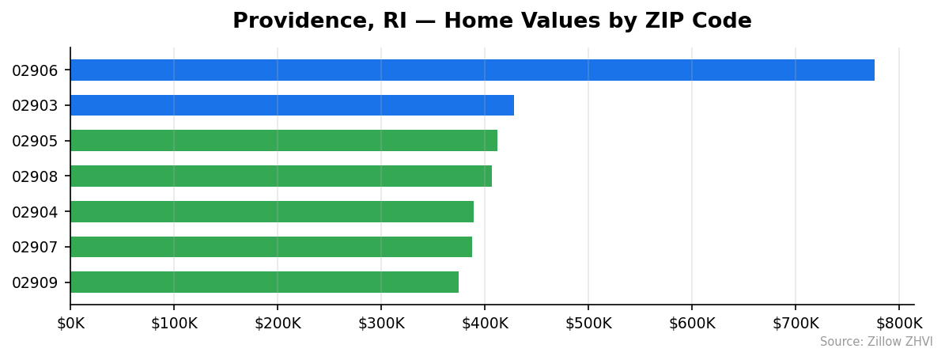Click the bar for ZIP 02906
tap(472, 70)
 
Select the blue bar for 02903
tap(292, 105)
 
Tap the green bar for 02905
tap(284, 141)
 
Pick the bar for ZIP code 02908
tap(281, 176)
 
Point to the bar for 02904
tap(272, 211)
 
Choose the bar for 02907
tap(271, 247)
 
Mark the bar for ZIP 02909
tap(264, 282)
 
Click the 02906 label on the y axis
tap(35, 70)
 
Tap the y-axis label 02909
tap(35, 282)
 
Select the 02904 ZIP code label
tap(35, 212)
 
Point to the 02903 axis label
tap(35, 106)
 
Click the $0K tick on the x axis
tap(70, 323)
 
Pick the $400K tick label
tap(485, 323)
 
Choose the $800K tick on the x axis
tap(899, 323)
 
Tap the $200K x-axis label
tap(278, 323)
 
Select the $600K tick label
tap(692, 323)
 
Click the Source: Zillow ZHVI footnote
tap(876, 342)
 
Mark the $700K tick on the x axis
tap(796, 323)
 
